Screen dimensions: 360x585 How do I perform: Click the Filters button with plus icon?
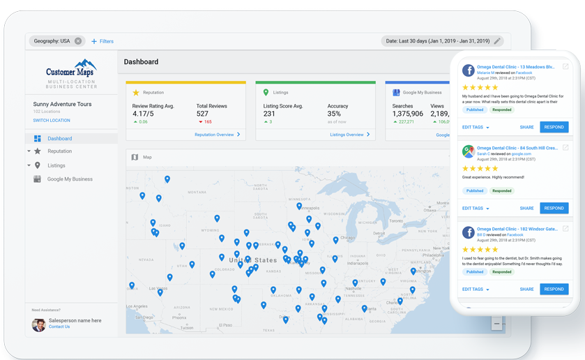pos(102,41)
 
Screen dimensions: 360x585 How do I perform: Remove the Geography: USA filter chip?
pos(78,41)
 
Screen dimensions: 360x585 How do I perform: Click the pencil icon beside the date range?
pos(497,41)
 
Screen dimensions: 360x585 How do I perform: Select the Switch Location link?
pos(52,121)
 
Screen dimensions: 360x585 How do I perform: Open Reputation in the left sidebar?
pos(60,151)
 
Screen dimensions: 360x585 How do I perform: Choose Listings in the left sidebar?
pos(56,165)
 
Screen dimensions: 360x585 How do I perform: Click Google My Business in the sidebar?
pos(70,179)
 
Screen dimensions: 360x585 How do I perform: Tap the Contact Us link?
pos(59,327)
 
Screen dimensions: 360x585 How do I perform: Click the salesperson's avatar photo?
pos(38,324)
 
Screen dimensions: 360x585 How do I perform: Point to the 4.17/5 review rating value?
pos(143,114)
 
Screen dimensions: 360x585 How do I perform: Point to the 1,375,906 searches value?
pos(408,114)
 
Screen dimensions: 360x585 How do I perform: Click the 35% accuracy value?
pos(334,114)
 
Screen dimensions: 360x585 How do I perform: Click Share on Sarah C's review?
pos(526,208)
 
